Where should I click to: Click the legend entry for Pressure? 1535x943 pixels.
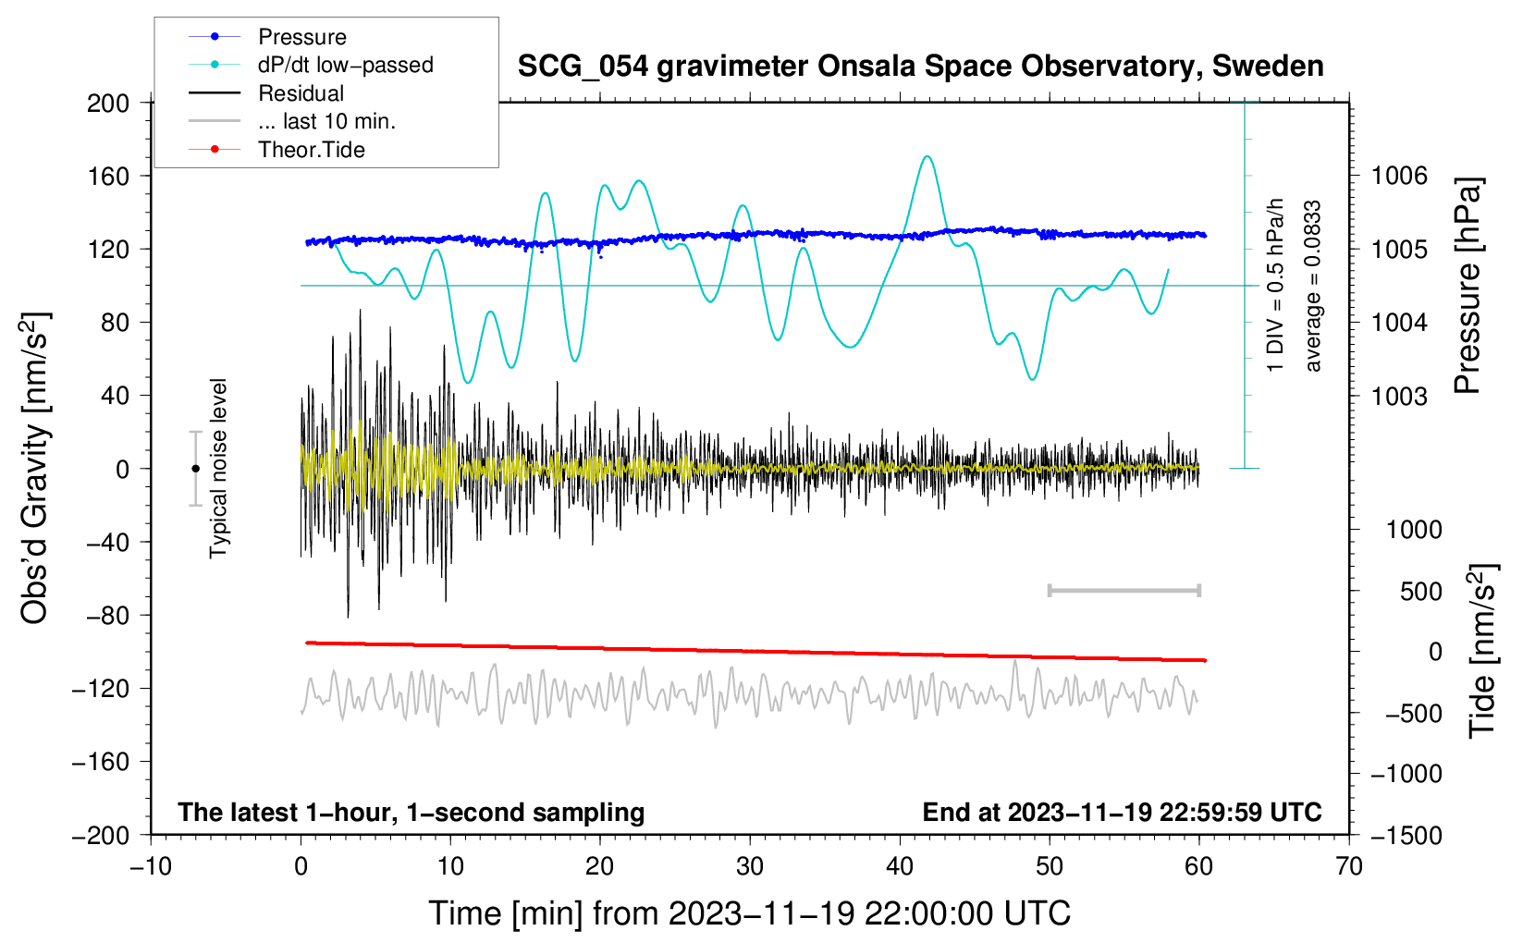pyautogui.click(x=268, y=36)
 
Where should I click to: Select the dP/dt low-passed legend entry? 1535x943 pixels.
pyautogui.click(x=311, y=65)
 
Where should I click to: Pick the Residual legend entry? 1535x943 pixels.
pyautogui.click(x=266, y=93)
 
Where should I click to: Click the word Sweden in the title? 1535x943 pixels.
pyautogui.click(x=1268, y=66)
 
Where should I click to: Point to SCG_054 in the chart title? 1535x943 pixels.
pyautogui.click(x=583, y=67)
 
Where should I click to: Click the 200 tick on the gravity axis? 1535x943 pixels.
pyautogui.click(x=108, y=104)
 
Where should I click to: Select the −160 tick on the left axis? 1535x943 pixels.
pyautogui.click(x=101, y=762)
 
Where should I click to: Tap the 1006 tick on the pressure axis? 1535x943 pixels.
pyautogui.click(x=1399, y=177)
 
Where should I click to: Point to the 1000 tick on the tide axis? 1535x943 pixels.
pyautogui.click(x=1415, y=530)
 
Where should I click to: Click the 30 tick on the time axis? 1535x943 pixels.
pyautogui.click(x=750, y=866)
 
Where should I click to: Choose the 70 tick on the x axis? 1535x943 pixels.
pyautogui.click(x=1348, y=866)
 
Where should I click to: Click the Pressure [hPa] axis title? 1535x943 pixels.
pyautogui.click(x=1467, y=286)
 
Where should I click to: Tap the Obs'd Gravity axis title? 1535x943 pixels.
pyautogui.click(x=34, y=469)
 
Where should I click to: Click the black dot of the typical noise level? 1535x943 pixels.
pyautogui.click(x=195, y=469)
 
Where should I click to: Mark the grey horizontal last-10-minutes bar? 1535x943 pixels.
pyautogui.click(x=1124, y=590)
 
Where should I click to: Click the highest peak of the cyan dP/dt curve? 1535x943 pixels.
pyautogui.click(x=927, y=156)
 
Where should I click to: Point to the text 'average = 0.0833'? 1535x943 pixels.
pyautogui.click(x=1312, y=286)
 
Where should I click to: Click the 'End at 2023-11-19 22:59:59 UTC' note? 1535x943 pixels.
pyautogui.click(x=1122, y=812)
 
